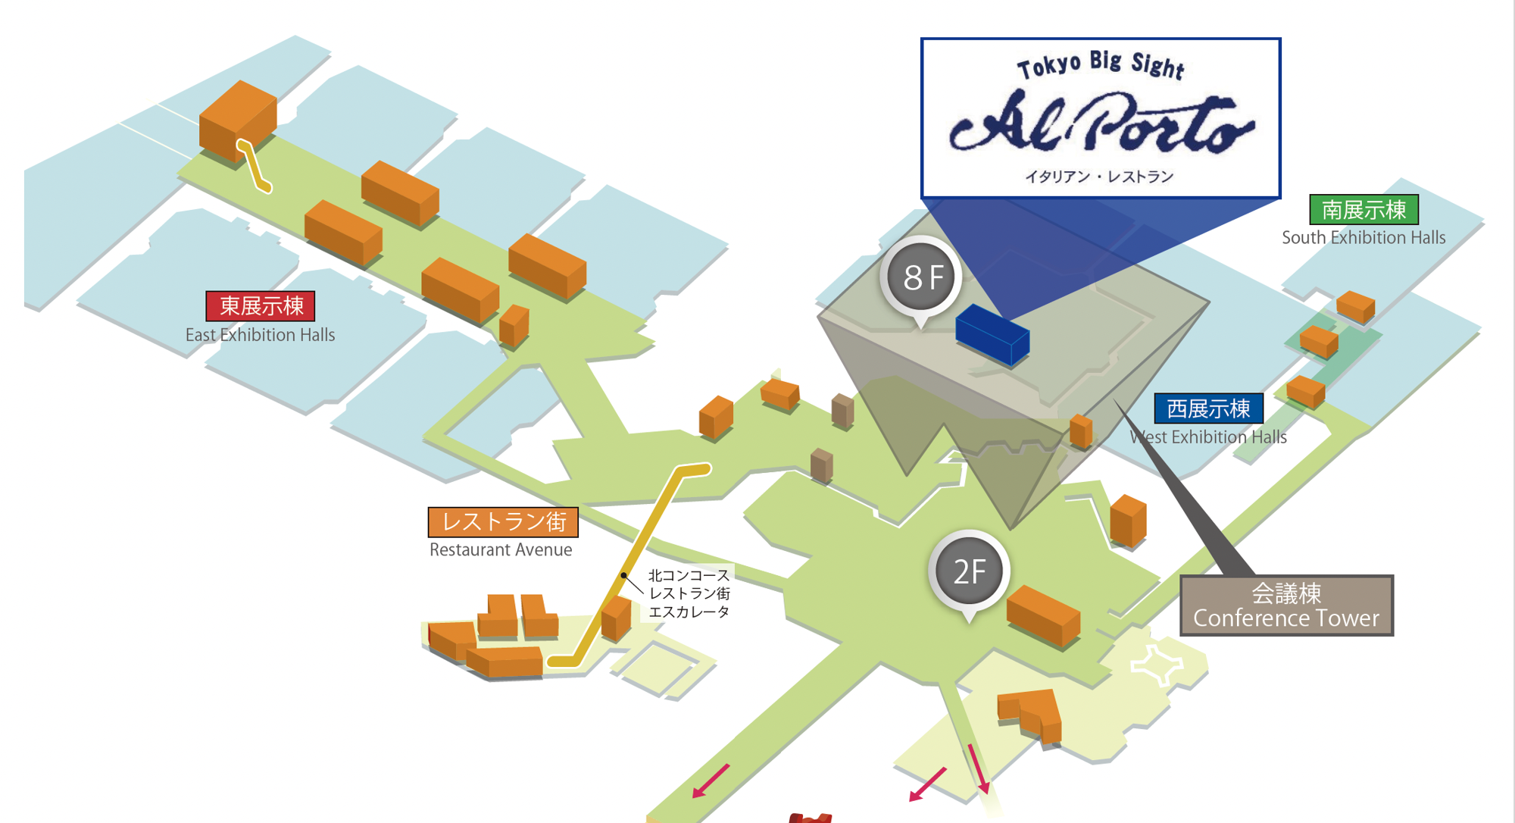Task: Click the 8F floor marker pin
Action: (921, 277)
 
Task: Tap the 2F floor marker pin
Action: (969, 571)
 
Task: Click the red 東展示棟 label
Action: (261, 306)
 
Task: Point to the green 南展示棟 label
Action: (1363, 210)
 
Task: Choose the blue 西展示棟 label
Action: (1208, 409)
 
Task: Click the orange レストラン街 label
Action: (503, 522)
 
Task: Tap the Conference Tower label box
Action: (1286, 606)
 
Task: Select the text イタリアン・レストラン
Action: (1099, 177)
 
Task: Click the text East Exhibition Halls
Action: (260, 335)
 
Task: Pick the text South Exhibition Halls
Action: (1363, 238)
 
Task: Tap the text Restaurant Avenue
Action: (501, 550)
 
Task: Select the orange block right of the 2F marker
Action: (1043, 615)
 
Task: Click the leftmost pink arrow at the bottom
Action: (711, 781)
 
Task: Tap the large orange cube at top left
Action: (237, 120)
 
